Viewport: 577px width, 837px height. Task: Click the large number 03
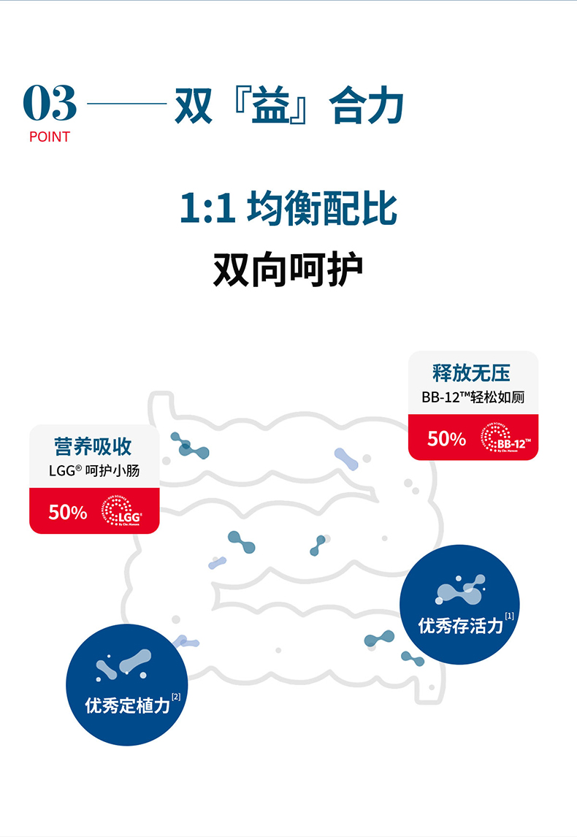point(50,104)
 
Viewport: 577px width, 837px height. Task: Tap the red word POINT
point(50,137)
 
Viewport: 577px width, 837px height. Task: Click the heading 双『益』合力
point(289,106)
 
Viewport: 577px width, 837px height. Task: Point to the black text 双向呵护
point(288,270)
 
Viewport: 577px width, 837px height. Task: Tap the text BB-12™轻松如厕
point(473,398)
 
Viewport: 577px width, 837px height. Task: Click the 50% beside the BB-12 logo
point(446,438)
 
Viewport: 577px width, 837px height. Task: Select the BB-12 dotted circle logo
point(505,438)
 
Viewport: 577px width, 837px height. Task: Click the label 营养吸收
point(93,446)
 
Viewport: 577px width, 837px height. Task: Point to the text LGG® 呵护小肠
point(93,471)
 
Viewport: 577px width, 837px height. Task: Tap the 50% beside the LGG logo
point(68,512)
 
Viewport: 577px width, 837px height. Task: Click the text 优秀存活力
point(460,626)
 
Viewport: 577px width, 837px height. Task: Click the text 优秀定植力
point(128,706)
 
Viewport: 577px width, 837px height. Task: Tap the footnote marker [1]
point(510,616)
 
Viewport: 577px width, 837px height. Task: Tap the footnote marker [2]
point(175,696)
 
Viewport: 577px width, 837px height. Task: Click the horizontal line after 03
point(126,104)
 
